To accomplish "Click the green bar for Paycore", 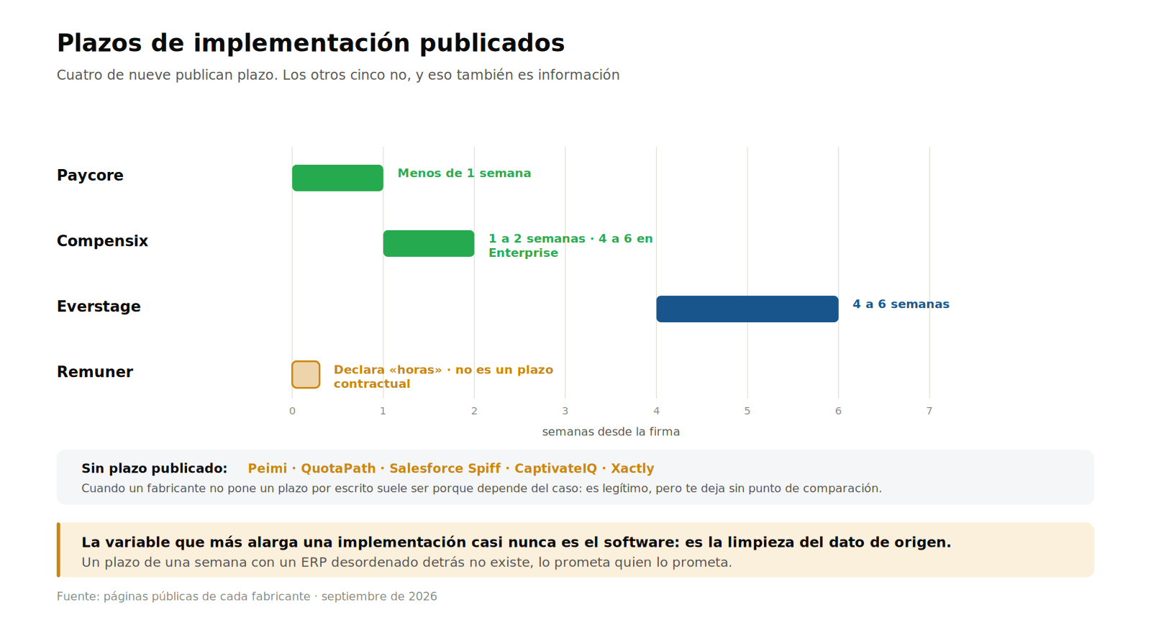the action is pyautogui.click(x=337, y=178).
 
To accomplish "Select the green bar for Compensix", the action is pyautogui.click(x=429, y=243).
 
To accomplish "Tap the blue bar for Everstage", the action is pyautogui.click(x=747, y=309).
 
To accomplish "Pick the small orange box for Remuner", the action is pyautogui.click(x=306, y=375).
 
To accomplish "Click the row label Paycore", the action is pyautogui.click(x=90, y=175).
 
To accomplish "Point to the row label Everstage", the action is pyautogui.click(x=99, y=306).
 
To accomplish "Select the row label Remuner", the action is pyautogui.click(x=95, y=372).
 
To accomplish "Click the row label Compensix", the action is pyautogui.click(x=102, y=241).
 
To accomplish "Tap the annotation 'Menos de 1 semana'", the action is pyautogui.click(x=465, y=173).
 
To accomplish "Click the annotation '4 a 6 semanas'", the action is pyautogui.click(x=901, y=304).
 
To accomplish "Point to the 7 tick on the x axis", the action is pyautogui.click(x=929, y=411).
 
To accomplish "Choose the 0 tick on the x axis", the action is pyautogui.click(x=292, y=411).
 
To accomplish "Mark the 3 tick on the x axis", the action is pyautogui.click(x=565, y=411).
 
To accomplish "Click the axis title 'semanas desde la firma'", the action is pyautogui.click(x=611, y=432).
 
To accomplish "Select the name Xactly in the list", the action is pyautogui.click(x=632, y=468).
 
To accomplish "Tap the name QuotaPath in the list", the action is pyautogui.click(x=338, y=468).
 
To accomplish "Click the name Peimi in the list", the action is pyautogui.click(x=267, y=468).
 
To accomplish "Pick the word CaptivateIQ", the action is pyautogui.click(x=556, y=468).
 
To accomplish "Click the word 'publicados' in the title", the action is pyautogui.click(x=492, y=43).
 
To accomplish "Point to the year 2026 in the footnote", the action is pyautogui.click(x=422, y=596).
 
